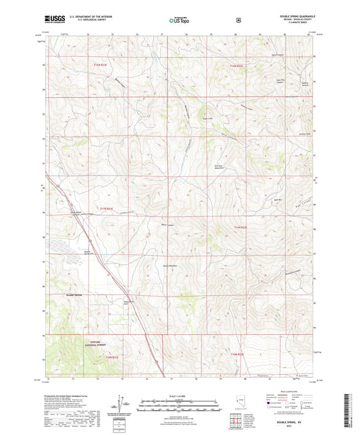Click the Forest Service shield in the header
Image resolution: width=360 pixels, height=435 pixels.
238,20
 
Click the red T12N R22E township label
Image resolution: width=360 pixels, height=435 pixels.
234,66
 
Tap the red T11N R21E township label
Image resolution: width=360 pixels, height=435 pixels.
107,209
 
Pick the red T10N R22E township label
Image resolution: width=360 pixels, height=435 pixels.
235,353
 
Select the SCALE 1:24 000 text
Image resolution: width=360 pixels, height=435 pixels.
180,395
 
